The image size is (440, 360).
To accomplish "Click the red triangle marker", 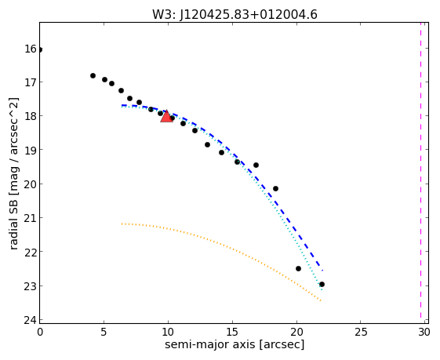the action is [x=167, y=116].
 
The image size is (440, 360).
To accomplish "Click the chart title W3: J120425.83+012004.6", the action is [x=235, y=15].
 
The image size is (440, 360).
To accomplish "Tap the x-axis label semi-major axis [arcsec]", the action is [x=235, y=344].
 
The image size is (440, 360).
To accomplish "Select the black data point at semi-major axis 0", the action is [x=40, y=49].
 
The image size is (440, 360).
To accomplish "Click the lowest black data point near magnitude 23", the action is [x=322, y=284].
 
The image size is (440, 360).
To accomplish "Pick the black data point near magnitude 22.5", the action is [x=298, y=268].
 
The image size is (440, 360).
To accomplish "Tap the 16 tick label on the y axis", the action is [x=31, y=49].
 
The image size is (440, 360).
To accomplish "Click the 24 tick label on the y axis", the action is [x=31, y=320].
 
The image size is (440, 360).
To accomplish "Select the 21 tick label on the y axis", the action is [x=31, y=218].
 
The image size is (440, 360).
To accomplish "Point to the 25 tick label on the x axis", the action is [x=361, y=333].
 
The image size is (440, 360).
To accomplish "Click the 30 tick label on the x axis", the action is [x=424, y=333].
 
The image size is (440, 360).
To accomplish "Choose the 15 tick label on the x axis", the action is [x=232, y=333].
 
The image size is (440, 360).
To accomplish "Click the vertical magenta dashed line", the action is [x=420, y=170].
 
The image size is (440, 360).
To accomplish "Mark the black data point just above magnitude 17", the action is [x=93, y=75].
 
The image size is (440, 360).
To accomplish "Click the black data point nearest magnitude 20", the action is [x=275, y=188].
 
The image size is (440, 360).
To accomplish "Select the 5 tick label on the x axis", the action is [x=104, y=333].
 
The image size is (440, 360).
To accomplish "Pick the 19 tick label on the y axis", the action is [x=31, y=150].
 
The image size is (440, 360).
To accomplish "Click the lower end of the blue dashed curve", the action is [x=322, y=271].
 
